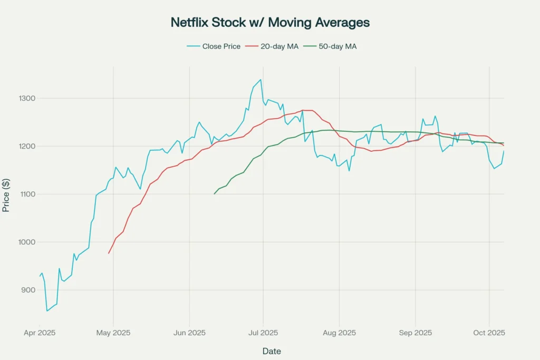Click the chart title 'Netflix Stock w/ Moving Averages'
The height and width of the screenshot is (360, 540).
pos(270,23)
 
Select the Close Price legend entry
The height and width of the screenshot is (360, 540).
pos(214,46)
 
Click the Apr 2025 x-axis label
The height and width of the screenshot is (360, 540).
pos(40,333)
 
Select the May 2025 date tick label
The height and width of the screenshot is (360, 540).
pos(113,333)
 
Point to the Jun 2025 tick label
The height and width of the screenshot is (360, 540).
pos(189,333)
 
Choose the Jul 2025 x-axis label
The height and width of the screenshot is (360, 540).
pos(263,333)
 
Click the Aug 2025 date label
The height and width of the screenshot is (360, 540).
pos(339,333)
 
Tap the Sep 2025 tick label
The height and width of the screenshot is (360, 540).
pos(416,333)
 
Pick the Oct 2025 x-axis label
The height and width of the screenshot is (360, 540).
pos(489,333)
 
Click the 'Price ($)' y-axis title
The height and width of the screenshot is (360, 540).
pos(6,194)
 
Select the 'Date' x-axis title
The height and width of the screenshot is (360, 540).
pos(272,351)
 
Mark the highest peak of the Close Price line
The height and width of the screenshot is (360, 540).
pos(261,80)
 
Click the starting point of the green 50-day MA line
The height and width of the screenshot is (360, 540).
pos(214,194)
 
